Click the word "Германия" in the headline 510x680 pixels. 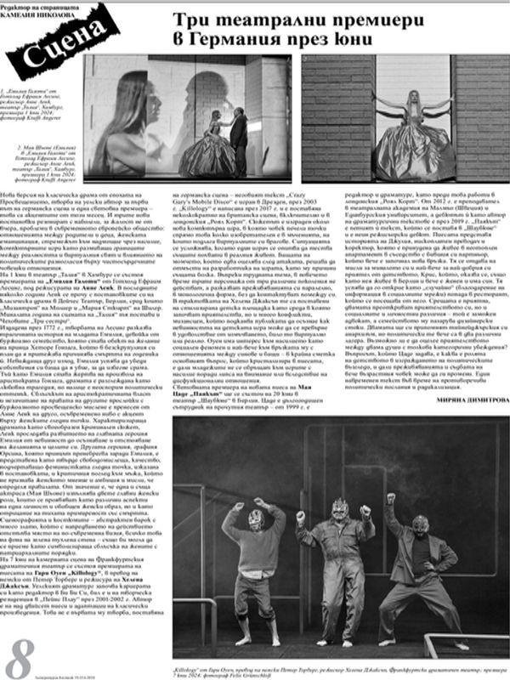pyautogui.click(x=246, y=40)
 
